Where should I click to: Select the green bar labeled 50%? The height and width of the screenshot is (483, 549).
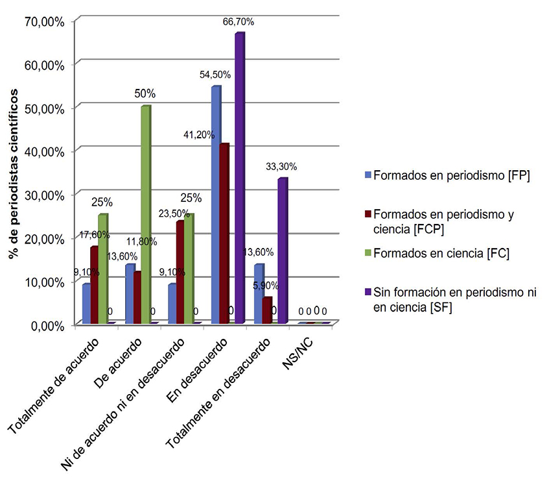[x=146, y=215]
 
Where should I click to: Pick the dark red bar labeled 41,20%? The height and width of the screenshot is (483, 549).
[x=224, y=234]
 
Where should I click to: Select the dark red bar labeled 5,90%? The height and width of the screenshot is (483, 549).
[x=266, y=310]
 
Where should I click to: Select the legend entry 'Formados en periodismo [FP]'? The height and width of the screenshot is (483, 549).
[x=447, y=175]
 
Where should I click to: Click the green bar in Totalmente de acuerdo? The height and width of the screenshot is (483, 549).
[x=103, y=269]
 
